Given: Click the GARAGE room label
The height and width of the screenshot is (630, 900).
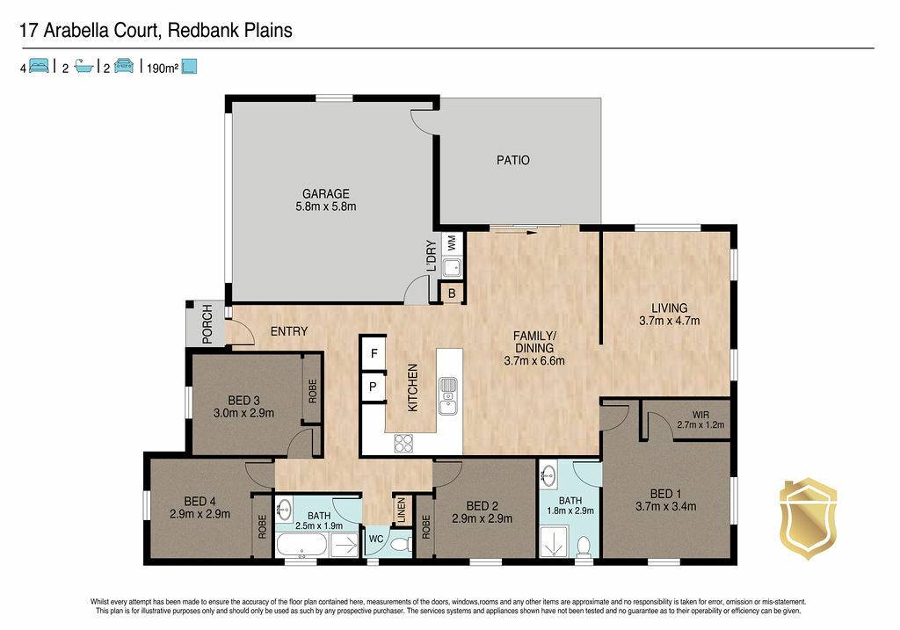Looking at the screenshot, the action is coord(326,194).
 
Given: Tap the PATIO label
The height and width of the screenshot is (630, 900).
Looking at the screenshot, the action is coord(513,160).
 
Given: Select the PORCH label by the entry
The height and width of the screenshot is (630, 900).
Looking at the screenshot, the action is coord(207,324).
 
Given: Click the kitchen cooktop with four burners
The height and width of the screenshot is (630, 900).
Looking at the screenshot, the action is coord(403,443).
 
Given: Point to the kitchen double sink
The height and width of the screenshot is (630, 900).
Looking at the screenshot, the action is coord(448,396).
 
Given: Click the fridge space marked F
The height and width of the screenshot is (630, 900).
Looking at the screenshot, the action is coord(374,353).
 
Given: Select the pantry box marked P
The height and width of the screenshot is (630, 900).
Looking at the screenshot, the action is coord(373,387).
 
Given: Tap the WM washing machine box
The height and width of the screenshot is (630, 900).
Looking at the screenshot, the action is coord(451,243).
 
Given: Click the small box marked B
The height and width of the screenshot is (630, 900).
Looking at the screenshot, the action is coord(452,293).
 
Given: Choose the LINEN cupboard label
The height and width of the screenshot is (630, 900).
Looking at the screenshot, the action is coord(402,511).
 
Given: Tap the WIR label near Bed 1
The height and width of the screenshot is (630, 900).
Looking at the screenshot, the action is coord(700,415).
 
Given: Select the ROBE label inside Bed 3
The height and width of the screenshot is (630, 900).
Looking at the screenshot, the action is coord(312,391).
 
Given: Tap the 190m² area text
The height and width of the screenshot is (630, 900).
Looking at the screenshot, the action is coord(163,69).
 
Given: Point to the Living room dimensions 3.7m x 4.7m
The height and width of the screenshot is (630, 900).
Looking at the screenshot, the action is coord(669,321).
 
